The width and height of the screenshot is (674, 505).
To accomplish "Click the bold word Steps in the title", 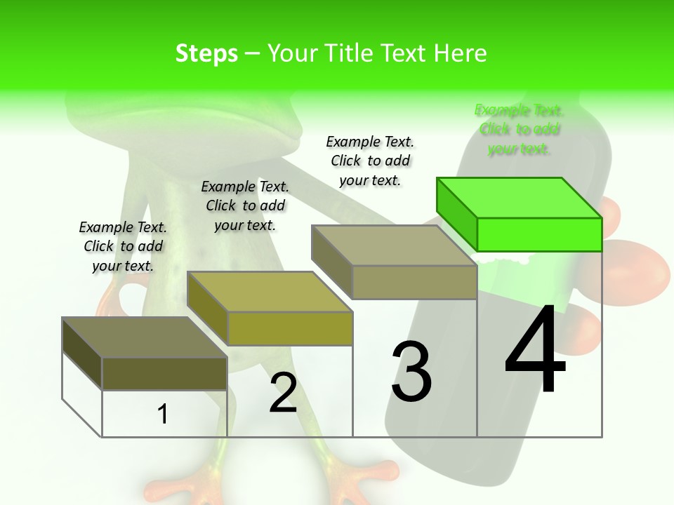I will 206,53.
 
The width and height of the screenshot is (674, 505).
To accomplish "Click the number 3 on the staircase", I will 411,372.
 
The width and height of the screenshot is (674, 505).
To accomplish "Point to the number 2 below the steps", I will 283,393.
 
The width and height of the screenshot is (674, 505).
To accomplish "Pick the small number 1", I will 163,414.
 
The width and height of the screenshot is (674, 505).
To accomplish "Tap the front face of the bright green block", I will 539,234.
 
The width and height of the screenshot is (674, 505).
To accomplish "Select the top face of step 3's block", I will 394,245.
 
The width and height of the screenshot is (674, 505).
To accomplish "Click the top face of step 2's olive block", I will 269,291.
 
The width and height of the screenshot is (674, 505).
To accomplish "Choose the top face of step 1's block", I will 144,337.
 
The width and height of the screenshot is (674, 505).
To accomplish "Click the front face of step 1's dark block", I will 164,373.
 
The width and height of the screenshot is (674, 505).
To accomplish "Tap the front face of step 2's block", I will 289,328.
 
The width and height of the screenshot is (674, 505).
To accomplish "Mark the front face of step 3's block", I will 414,282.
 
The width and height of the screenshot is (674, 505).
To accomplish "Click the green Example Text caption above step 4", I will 519,129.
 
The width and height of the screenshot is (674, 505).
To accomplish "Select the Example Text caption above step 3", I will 370,161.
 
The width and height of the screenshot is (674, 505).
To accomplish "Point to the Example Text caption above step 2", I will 245,206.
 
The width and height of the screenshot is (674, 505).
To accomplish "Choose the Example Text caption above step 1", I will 123,246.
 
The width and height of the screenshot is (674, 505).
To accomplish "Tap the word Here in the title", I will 461,53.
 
